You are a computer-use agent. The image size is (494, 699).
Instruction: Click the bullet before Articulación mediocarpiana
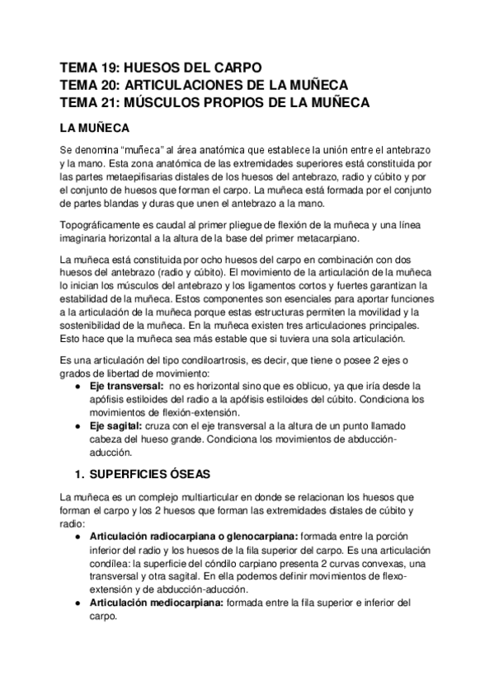tap(78, 603)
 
